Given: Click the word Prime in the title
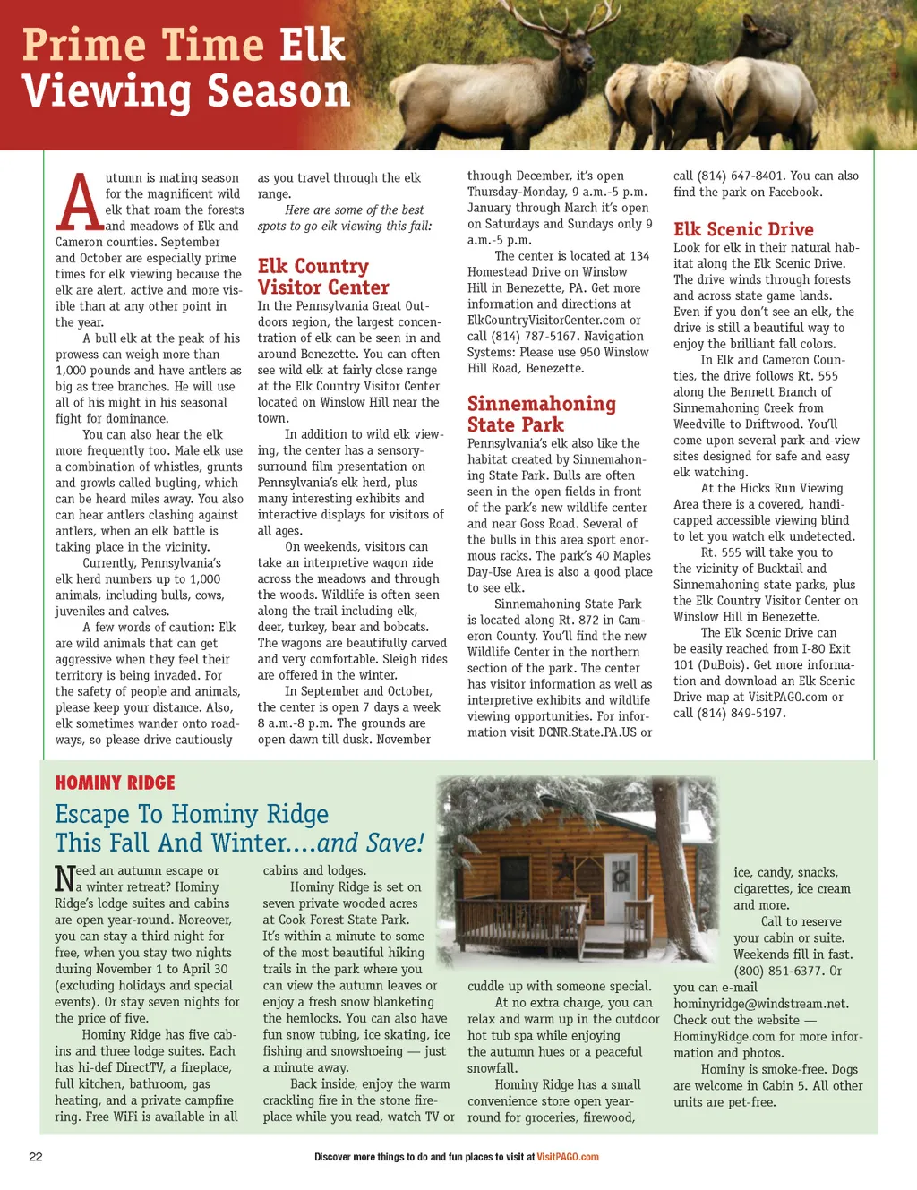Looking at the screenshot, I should [84, 45].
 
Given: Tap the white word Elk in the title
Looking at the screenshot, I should [312, 45].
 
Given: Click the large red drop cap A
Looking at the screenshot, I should [79, 202].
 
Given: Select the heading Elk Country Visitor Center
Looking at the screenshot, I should [323, 277].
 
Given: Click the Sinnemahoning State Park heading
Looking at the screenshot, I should [541, 414].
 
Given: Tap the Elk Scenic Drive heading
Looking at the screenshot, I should [743, 229].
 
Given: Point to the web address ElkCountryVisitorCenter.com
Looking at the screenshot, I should [545, 320].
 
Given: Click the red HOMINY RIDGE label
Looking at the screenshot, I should [115, 783].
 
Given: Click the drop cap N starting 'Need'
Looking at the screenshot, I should [64, 878].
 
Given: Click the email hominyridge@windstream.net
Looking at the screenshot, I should [761, 1004].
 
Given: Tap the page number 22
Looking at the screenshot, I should [36, 1156].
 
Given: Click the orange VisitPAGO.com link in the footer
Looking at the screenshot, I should [568, 1157].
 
